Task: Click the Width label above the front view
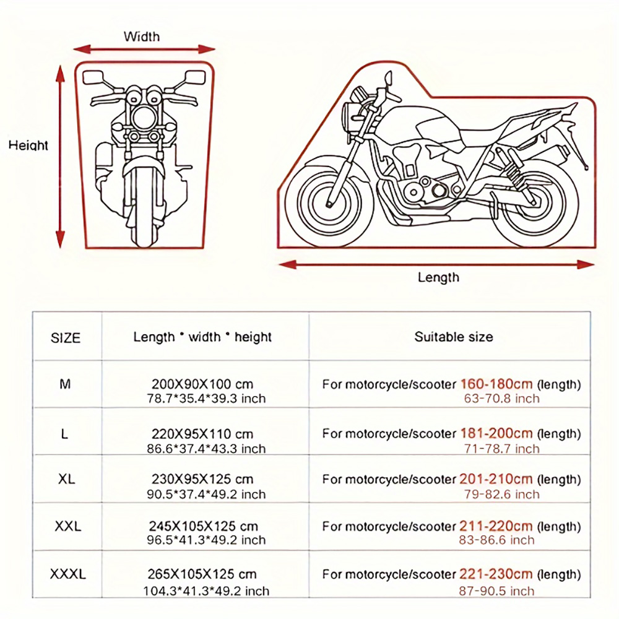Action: pyautogui.click(x=142, y=37)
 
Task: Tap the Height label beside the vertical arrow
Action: pyautogui.click(x=28, y=145)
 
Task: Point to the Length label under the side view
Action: pyautogui.click(x=439, y=277)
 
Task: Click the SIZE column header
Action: pyautogui.click(x=66, y=338)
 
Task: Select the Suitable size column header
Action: pyautogui.click(x=454, y=337)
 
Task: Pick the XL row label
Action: pyautogui.click(x=66, y=479)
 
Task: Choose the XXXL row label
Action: pyautogui.click(x=68, y=574)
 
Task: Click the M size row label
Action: pyautogui.click(x=65, y=384)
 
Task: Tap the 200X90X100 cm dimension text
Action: pyautogui.click(x=202, y=384)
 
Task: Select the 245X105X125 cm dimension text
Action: pyautogui.click(x=203, y=526)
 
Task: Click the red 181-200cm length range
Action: pyautogui.click(x=496, y=433)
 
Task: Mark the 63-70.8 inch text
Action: pyautogui.click(x=502, y=399)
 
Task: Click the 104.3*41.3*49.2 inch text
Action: pyautogui.click(x=206, y=591)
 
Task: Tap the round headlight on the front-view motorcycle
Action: pyautogui.click(x=143, y=117)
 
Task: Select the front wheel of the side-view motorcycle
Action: pyautogui.click(x=329, y=203)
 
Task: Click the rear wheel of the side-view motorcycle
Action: pyautogui.click(x=535, y=203)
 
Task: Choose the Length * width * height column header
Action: pyautogui.click(x=202, y=337)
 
